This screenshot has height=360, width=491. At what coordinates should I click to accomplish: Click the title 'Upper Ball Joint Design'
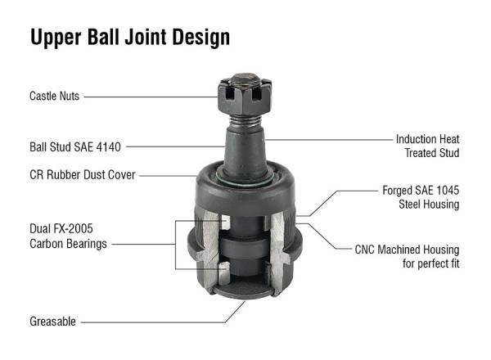(x=130, y=37)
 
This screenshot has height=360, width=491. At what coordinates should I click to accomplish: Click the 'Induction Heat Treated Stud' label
(x=427, y=146)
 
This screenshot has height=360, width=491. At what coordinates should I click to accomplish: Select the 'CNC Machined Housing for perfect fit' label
(x=418, y=255)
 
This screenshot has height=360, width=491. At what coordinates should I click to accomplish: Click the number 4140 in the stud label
(x=108, y=147)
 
